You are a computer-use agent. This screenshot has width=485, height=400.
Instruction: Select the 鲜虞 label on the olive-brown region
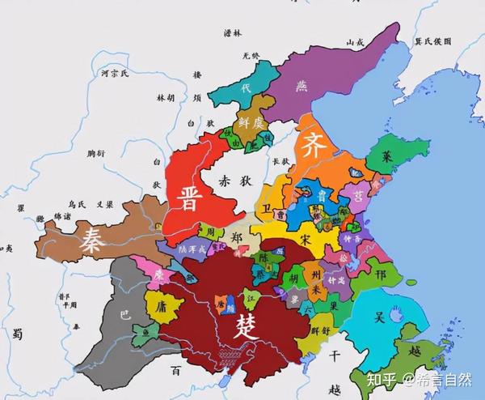pyautogui.click(x=251, y=122)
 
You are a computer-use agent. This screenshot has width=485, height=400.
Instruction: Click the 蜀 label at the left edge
pyautogui.click(x=16, y=332)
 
